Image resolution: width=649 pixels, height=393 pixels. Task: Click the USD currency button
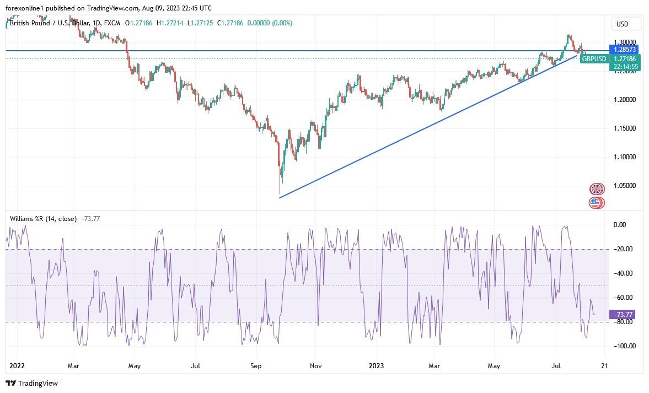(x=626, y=24)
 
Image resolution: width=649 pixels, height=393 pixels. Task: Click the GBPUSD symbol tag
(x=594, y=59)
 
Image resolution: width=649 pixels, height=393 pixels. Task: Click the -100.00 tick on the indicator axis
(x=624, y=346)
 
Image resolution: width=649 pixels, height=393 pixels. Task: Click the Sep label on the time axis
(x=255, y=365)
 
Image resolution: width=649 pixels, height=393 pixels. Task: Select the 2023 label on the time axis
(x=377, y=365)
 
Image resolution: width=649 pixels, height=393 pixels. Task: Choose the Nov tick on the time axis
(x=315, y=365)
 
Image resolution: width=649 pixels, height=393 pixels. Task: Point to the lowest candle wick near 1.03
(x=280, y=190)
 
